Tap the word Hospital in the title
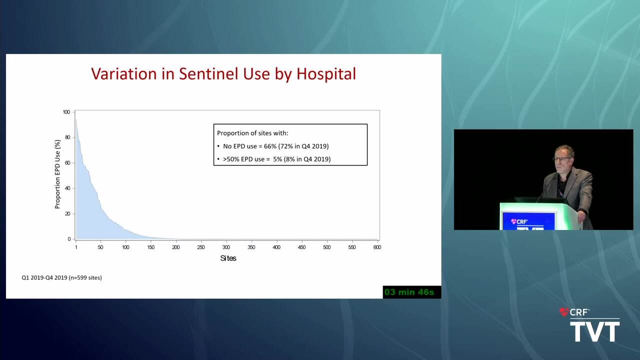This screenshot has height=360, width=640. click(x=326, y=74)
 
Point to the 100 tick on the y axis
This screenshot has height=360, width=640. click(x=66, y=112)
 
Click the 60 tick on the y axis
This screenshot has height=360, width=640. click(x=67, y=163)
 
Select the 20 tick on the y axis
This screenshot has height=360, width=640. click(x=67, y=213)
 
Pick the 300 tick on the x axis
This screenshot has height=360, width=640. click(x=226, y=247)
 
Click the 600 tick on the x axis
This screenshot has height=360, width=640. click(x=377, y=247)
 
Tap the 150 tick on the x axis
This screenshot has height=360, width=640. click(x=151, y=247)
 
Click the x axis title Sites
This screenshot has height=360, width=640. click(x=228, y=258)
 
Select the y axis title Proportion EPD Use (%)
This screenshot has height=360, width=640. click(x=57, y=174)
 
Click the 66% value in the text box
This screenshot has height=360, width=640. click(x=270, y=146)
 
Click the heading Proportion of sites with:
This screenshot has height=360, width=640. click(x=252, y=133)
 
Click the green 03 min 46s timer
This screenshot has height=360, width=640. click(x=409, y=292)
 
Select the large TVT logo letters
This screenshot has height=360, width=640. click(x=595, y=331)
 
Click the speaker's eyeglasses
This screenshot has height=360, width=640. click(x=561, y=158)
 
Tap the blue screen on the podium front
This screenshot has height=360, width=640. click(x=528, y=221)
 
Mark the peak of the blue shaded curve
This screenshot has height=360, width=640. click(x=76, y=119)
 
